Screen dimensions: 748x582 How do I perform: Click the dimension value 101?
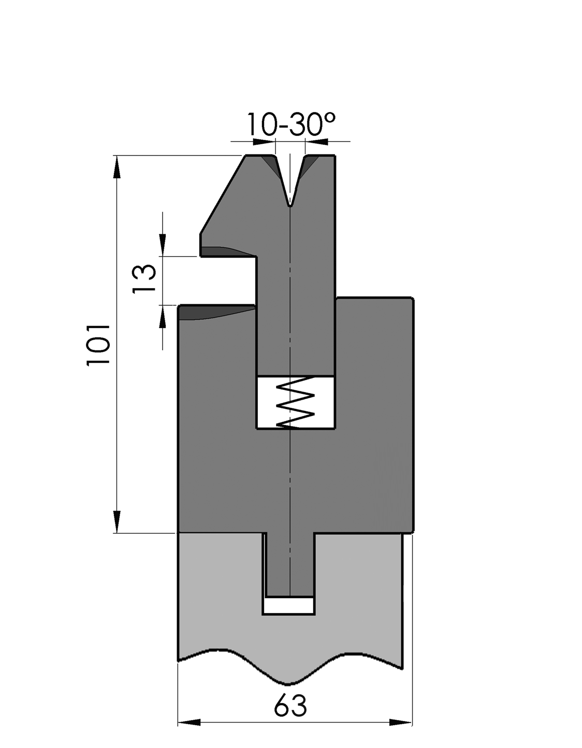click(x=98, y=345)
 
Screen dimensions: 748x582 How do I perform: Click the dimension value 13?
click(x=144, y=279)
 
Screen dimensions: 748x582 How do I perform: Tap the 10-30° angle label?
click(x=290, y=125)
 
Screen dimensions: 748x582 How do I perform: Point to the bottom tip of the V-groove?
click(x=290, y=205)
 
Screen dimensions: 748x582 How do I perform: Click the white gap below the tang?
click(x=289, y=605)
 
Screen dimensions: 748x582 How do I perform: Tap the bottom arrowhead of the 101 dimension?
click(x=117, y=521)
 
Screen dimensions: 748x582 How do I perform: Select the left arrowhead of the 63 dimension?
click(x=190, y=722)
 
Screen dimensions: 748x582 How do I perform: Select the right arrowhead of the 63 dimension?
click(x=401, y=722)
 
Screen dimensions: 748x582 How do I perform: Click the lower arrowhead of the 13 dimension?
click(x=163, y=317)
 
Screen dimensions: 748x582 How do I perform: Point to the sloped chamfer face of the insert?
click(x=223, y=194)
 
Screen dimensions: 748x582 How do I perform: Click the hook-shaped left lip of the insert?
click(x=217, y=246)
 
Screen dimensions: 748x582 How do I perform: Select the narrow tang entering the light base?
click(x=289, y=565)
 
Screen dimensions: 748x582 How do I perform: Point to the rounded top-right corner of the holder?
click(x=411, y=300)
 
